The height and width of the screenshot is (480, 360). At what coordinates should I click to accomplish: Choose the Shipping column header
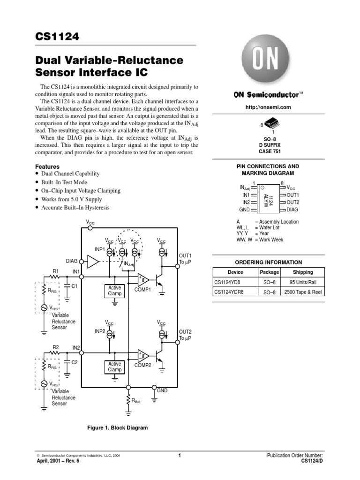302,272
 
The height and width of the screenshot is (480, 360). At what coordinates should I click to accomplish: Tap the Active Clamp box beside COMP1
114,291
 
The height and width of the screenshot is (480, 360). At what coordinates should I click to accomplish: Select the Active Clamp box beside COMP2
114,367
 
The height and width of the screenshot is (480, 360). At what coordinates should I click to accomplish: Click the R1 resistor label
55,271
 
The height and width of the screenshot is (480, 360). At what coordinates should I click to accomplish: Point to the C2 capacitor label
75,362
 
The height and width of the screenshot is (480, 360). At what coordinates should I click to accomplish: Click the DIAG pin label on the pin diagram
292,210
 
